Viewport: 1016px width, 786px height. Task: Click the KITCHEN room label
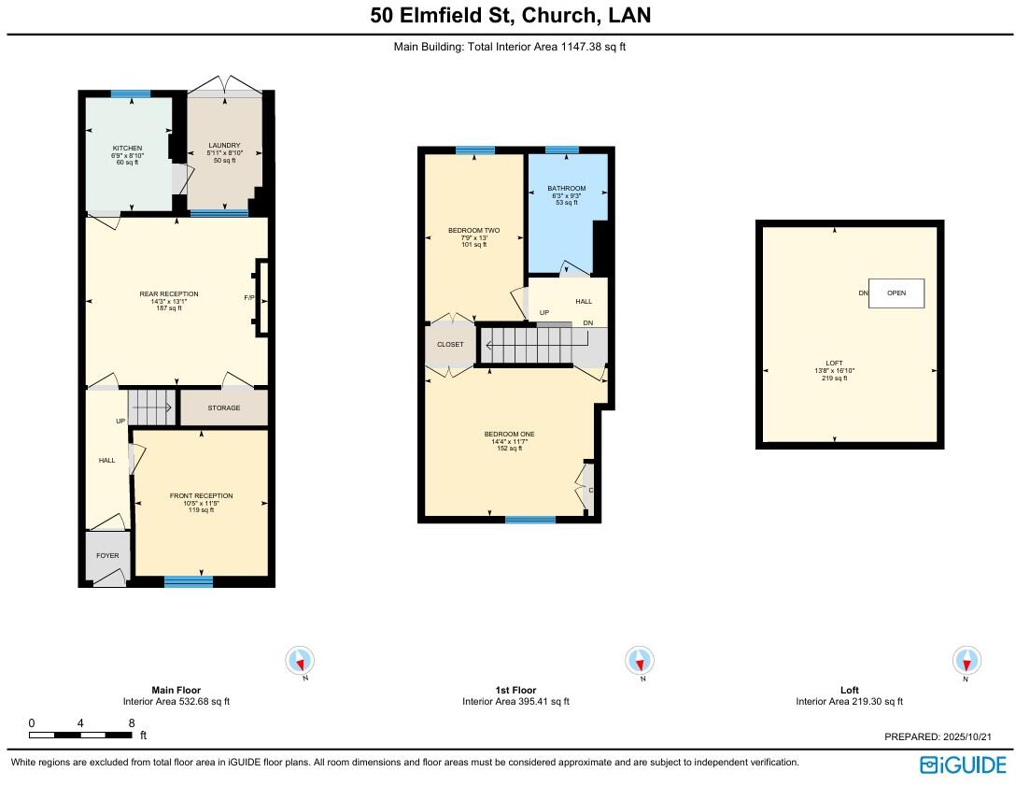127,148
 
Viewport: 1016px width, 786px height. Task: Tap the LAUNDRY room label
224,146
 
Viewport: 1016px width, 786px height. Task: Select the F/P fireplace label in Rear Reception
249,297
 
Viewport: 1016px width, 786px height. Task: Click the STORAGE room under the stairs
224,407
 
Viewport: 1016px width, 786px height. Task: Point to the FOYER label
107,555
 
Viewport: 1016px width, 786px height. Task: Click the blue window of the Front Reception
189,581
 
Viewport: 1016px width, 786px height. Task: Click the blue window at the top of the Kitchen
131,93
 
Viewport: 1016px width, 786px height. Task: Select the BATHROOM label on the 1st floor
567,189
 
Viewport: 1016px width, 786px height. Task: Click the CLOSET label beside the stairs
450,344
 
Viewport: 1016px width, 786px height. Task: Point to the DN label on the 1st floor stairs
587,322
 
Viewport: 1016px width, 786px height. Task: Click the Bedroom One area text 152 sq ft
509,449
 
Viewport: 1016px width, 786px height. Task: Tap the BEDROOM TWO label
473,230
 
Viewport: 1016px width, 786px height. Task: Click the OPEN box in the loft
896,293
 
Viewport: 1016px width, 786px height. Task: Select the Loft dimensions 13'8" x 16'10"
834,370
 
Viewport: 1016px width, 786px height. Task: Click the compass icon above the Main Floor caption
300,661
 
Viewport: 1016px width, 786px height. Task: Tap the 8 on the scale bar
132,722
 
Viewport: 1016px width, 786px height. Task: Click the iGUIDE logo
962,765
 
